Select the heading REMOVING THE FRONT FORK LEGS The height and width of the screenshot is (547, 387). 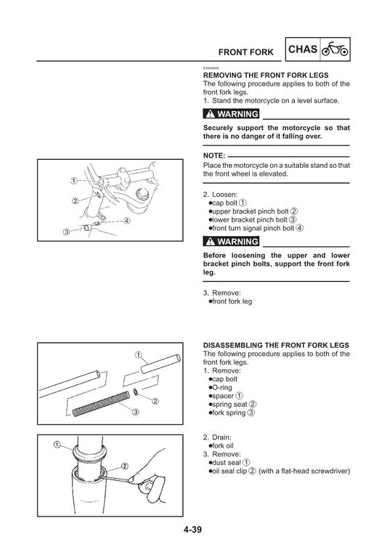pos(266,76)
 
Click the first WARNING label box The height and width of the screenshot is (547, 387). pos(232,115)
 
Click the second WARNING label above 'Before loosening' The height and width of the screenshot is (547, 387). pos(232,241)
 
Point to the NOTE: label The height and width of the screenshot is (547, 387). pos(214,156)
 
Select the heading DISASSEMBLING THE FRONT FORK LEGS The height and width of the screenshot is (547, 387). pos(276,344)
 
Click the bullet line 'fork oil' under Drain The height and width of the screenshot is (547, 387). pos(224,445)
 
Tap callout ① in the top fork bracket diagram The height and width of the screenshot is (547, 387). pos(73,180)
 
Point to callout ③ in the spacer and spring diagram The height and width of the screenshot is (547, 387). pos(135,412)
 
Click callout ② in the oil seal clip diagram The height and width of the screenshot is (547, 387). pos(125,466)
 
